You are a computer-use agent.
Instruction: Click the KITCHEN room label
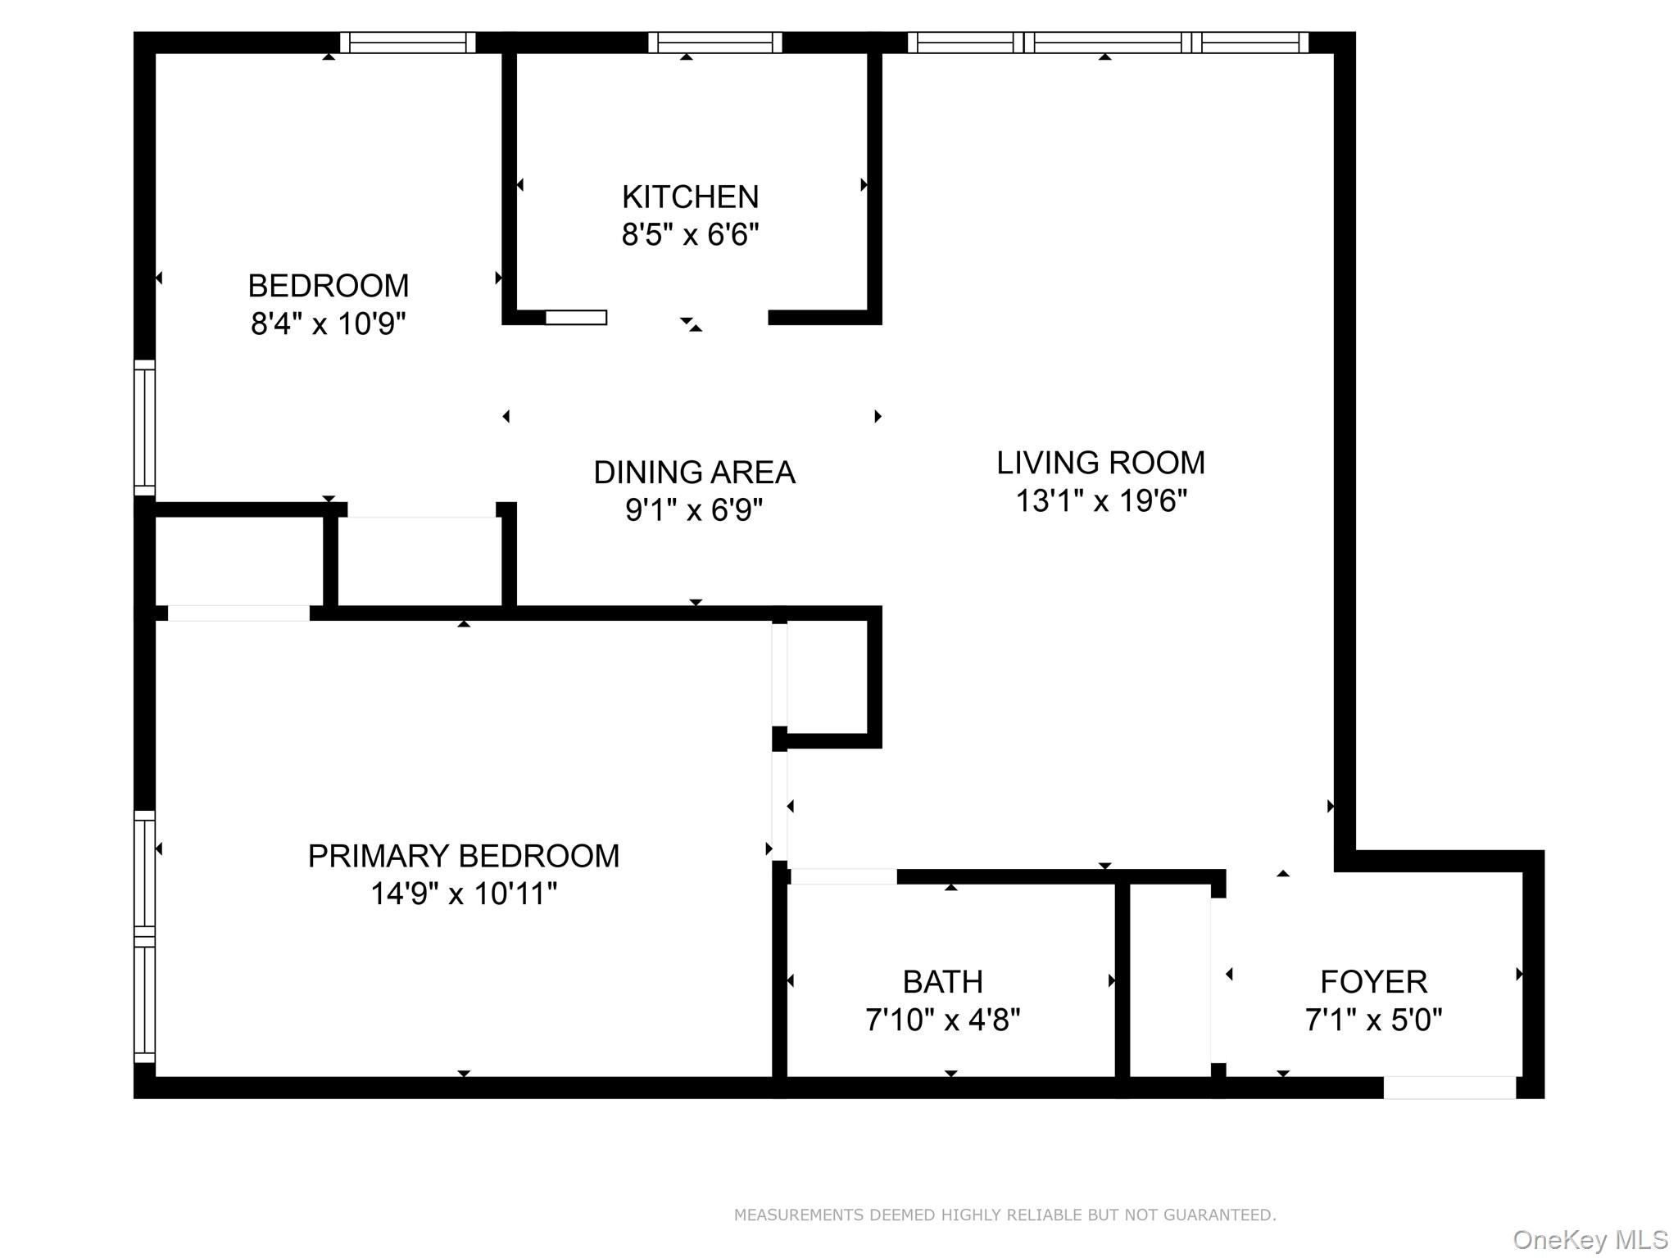[x=690, y=197]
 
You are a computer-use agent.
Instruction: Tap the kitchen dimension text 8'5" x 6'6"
[x=690, y=235]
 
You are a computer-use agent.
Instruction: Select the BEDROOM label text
[x=328, y=286]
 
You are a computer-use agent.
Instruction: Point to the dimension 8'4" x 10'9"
[x=328, y=324]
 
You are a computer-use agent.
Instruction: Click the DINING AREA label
[x=694, y=473]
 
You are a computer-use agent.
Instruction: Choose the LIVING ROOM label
[x=1100, y=463]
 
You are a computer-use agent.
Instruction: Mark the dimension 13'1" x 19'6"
[x=1100, y=500]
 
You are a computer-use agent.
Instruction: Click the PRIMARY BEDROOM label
[x=463, y=856]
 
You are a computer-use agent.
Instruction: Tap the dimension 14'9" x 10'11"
[x=463, y=894]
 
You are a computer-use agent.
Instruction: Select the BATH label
[x=942, y=981]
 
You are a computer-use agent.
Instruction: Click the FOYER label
[x=1373, y=981]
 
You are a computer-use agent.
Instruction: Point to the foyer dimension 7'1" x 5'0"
[x=1373, y=1020]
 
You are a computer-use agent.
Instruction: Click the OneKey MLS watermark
[x=1590, y=1239]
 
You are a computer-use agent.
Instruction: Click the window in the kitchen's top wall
[x=715, y=43]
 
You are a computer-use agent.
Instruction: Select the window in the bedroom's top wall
[x=407, y=43]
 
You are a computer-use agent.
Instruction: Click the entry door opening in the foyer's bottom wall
[x=1449, y=1088]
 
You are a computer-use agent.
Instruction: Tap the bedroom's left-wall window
[x=144, y=428]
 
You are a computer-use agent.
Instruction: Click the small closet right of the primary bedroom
[x=828, y=677]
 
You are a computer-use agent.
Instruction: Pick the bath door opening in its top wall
[x=844, y=876]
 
